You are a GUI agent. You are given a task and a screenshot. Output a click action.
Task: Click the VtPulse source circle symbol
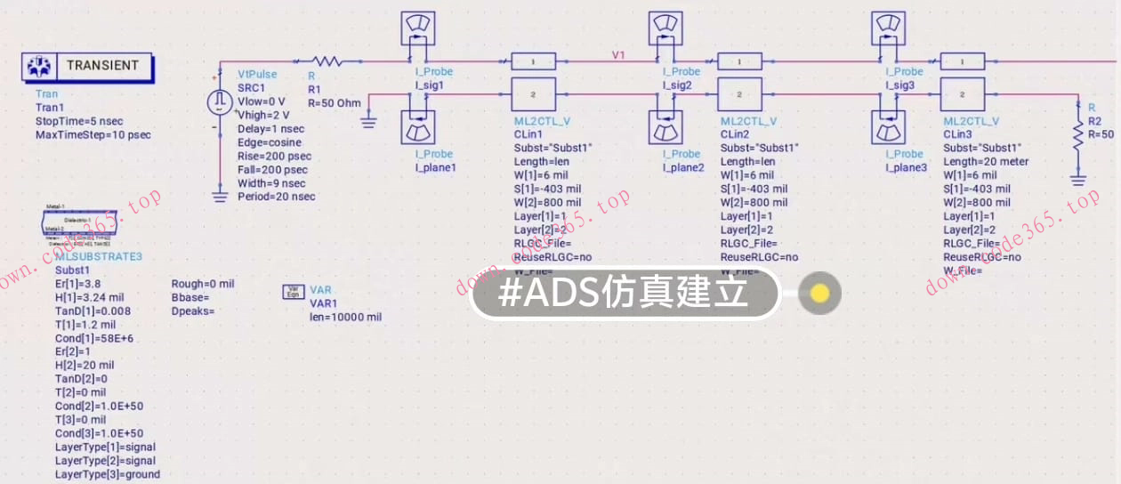(x=219, y=102)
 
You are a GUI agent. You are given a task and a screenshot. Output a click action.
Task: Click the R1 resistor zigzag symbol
(x=327, y=61)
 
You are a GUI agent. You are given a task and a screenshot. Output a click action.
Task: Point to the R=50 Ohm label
(x=335, y=103)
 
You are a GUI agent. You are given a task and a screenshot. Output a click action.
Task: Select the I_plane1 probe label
(x=435, y=167)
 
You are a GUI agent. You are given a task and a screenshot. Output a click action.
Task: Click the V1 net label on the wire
(x=618, y=55)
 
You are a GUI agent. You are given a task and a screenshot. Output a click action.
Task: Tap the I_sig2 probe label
(x=677, y=85)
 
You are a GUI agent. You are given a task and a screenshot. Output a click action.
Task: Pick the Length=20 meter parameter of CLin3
(x=986, y=162)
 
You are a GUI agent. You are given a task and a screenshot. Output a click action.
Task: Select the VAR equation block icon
(x=293, y=291)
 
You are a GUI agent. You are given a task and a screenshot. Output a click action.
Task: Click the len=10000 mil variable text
(x=345, y=317)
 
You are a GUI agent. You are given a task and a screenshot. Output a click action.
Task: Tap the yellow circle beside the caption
(x=819, y=294)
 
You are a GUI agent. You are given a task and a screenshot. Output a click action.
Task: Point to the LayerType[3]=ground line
(x=107, y=474)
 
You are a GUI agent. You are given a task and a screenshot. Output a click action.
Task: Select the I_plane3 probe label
(x=907, y=167)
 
